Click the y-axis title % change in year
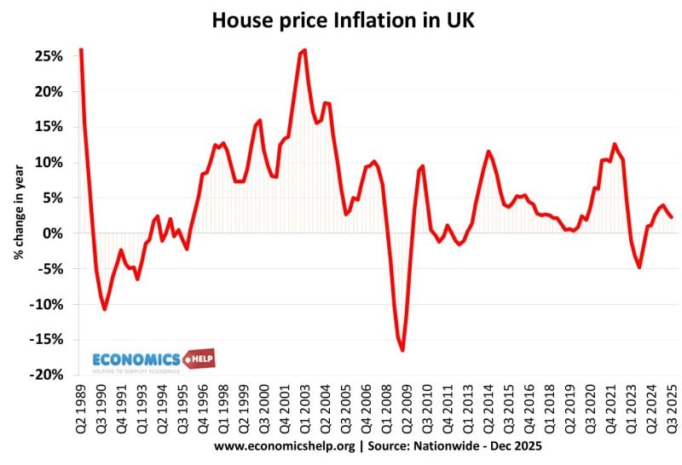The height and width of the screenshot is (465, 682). (17, 213)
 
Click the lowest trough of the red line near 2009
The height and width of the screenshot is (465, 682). (402, 350)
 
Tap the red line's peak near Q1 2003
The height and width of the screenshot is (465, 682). (304, 50)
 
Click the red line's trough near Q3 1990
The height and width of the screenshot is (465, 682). (104, 309)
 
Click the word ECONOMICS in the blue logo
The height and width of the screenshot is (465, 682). (136, 359)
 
